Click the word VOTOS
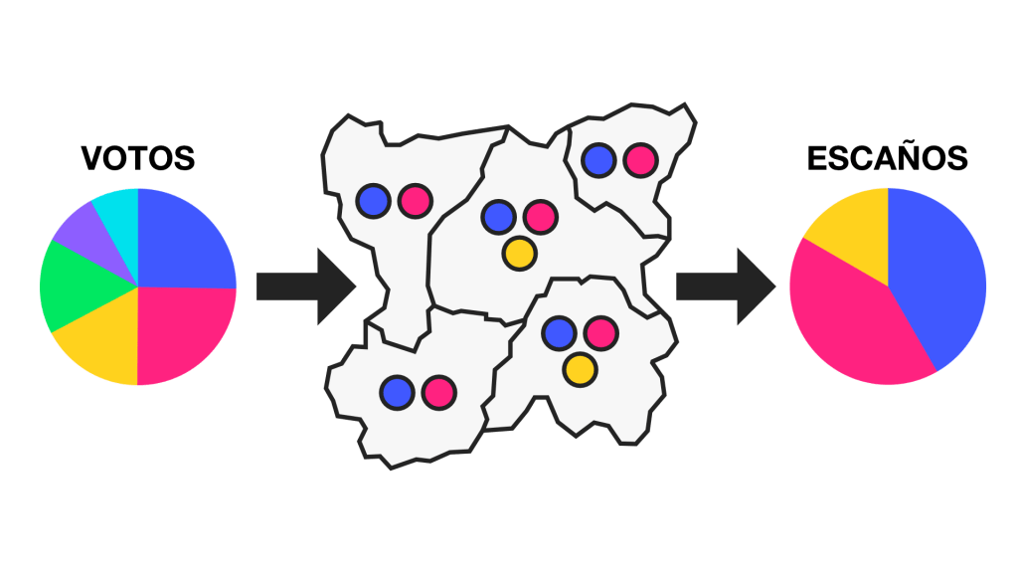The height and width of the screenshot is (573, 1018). (137, 158)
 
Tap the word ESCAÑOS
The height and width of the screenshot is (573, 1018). (887, 158)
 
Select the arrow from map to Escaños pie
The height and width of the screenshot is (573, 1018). (725, 286)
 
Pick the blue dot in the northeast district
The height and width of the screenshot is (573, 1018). (598, 158)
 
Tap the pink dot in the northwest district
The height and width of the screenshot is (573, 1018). (415, 200)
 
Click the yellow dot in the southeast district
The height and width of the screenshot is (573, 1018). (579, 369)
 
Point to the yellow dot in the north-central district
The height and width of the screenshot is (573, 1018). (518, 252)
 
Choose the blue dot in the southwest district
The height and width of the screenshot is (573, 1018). (398, 391)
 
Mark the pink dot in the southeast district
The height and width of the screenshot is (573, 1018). (600, 332)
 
